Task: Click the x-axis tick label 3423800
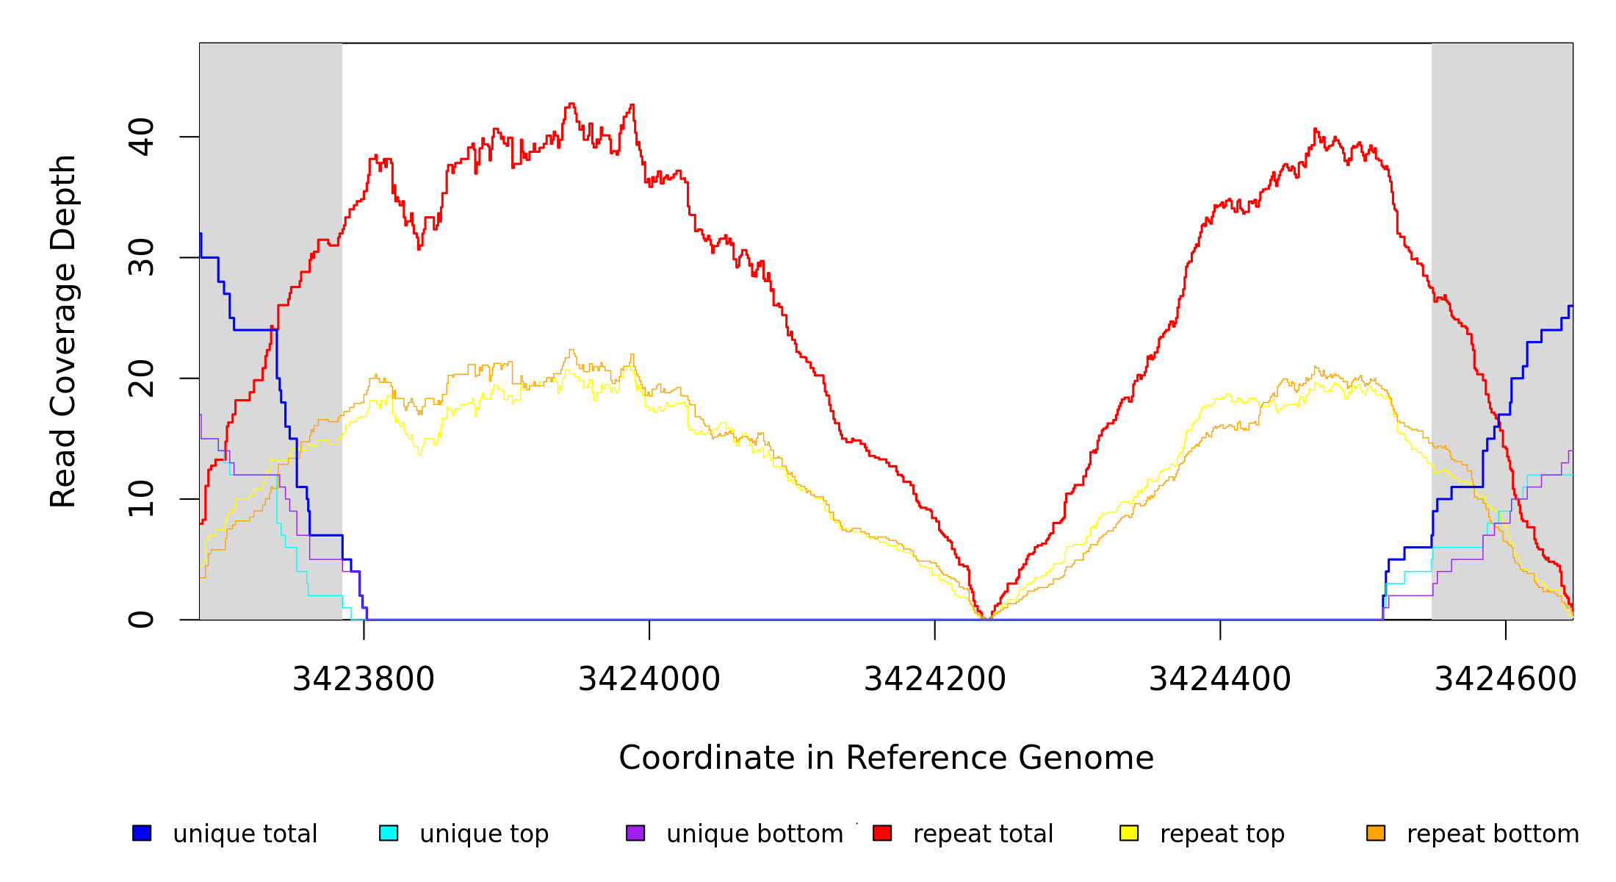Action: coord(364,679)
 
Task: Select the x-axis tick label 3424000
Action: coord(649,679)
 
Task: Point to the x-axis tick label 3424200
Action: coord(934,679)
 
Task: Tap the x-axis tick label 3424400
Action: coord(1220,679)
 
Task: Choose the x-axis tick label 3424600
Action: coord(1505,679)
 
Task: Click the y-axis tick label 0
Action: coord(141,620)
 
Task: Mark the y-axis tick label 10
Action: coord(141,499)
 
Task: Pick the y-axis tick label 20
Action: coord(141,379)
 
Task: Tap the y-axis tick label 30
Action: coord(141,257)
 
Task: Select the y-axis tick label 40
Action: coord(141,137)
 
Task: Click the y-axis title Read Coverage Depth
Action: coord(63,331)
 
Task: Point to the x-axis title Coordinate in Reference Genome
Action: coord(886,758)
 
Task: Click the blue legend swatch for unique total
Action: coord(142,833)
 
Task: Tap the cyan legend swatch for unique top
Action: coord(389,833)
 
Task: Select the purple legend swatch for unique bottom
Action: coord(635,833)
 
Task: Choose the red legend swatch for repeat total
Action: coord(882,833)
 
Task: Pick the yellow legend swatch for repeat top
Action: coord(1129,833)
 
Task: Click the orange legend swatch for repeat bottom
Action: coord(1376,833)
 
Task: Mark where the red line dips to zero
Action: coord(986,618)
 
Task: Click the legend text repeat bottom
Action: coord(1493,833)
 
